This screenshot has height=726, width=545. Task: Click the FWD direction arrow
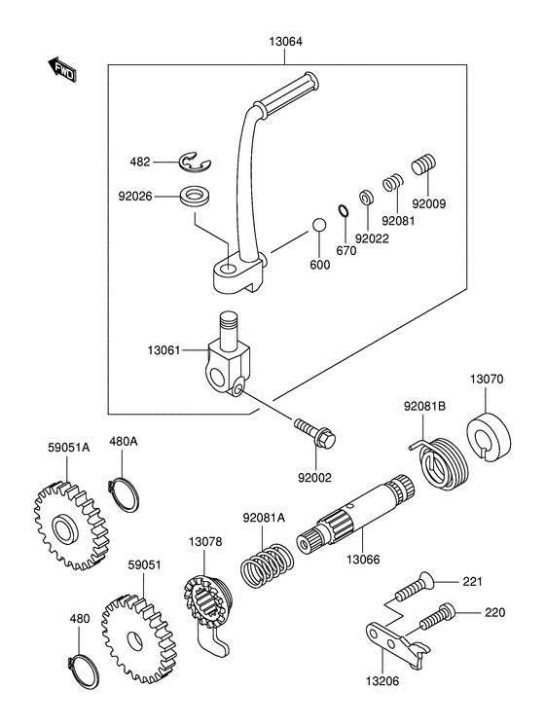point(61,69)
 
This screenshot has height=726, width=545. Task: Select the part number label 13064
point(286,42)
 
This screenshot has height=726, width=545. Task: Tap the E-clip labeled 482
point(195,163)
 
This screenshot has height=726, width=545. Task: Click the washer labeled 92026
point(195,197)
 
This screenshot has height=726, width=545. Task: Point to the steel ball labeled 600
point(318,225)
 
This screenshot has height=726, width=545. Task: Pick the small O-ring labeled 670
point(343,210)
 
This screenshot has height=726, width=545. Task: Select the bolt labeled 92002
point(315,432)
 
